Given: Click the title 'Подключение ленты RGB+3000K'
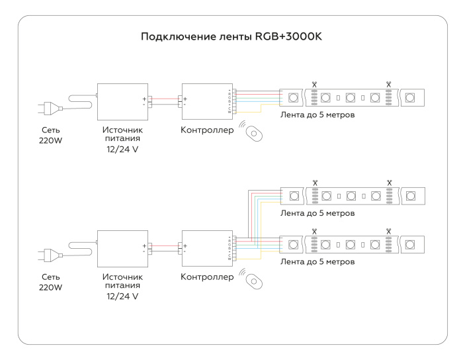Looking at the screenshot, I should point(231,36).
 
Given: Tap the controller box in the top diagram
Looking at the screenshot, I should point(205,101).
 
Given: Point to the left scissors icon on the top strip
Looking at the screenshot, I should point(315,85).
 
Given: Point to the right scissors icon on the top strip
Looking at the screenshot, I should point(389,85).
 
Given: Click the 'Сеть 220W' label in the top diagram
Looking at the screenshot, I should point(51,136).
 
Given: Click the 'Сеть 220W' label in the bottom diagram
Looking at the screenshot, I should point(51,282).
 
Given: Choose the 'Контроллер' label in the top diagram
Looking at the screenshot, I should point(207,130).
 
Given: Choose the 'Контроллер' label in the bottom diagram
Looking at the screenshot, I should point(207,276).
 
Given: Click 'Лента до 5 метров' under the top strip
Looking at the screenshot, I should point(318,114).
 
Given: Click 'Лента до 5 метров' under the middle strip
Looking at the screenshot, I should point(318,214).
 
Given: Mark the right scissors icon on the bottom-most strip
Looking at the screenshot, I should point(389,231).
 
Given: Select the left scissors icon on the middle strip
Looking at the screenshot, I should point(315,182).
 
